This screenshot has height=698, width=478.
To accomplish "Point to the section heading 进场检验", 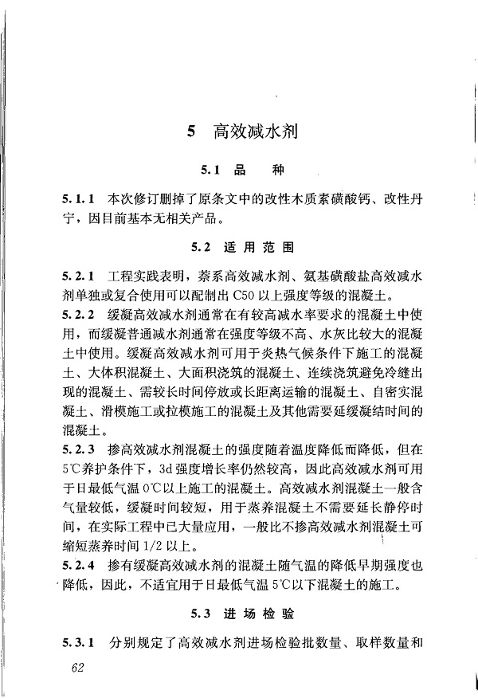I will (261, 614).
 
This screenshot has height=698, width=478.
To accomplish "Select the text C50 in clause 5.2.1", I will (245, 295).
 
